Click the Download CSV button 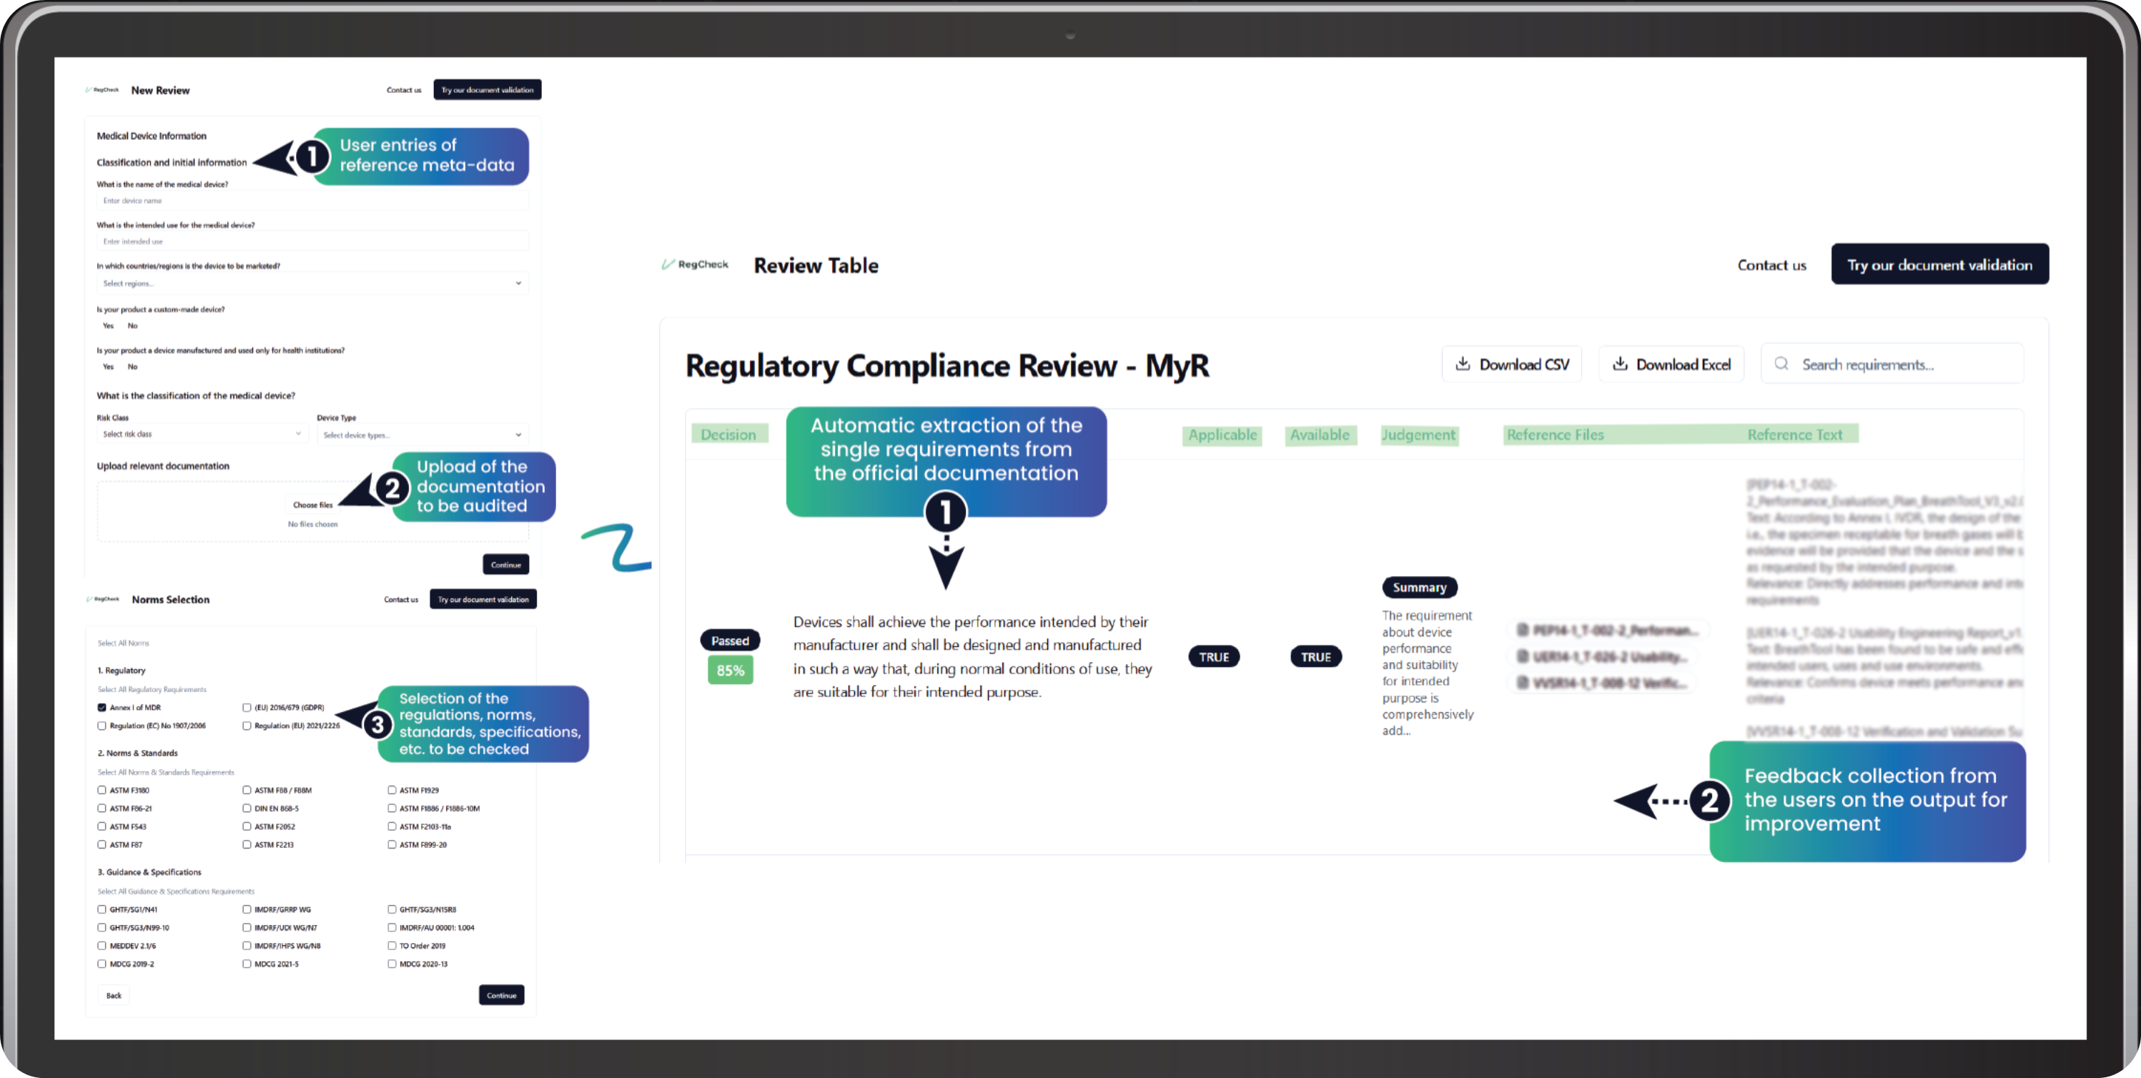coord(1512,364)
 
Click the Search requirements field coord(1892,364)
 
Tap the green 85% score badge coord(730,670)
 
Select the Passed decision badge coord(730,641)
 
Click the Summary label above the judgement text coord(1419,588)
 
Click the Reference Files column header coord(1555,435)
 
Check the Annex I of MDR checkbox coord(102,707)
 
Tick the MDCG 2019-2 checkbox coord(102,964)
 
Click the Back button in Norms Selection coord(114,995)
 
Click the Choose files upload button coord(312,505)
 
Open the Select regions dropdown coord(312,283)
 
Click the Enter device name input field coord(312,200)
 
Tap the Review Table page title coord(816,265)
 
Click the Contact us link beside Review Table coord(1771,265)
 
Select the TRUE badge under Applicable coord(1213,657)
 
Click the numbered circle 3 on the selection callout coord(377,724)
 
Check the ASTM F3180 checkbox coord(102,791)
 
